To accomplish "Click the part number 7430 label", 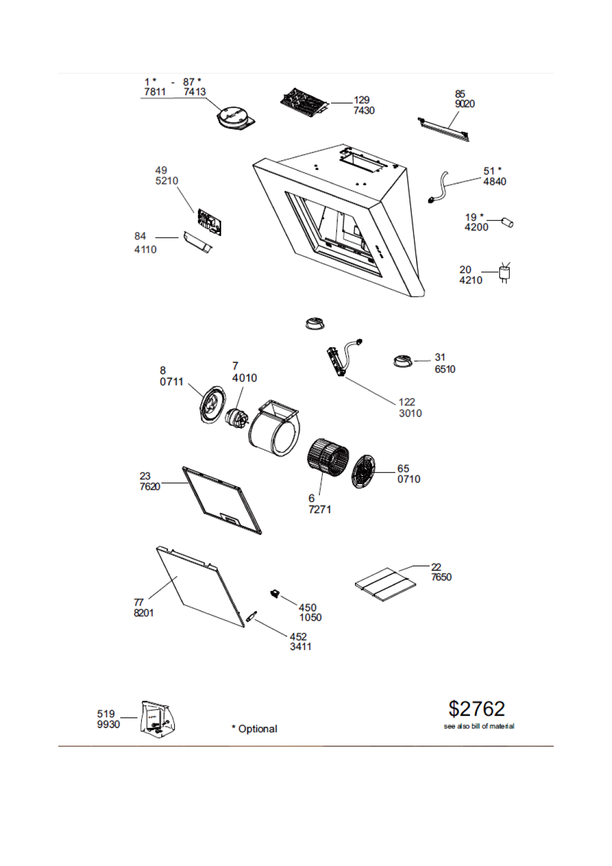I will click(x=364, y=111).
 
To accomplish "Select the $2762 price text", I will click(x=477, y=709).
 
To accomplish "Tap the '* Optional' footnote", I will click(x=254, y=729).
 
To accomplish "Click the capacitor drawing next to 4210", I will click(x=505, y=273).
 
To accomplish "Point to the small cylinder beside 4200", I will click(x=507, y=223).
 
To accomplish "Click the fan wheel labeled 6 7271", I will click(x=328, y=455).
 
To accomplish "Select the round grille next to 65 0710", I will click(x=363, y=472).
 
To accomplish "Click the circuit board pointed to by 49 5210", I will click(x=210, y=222).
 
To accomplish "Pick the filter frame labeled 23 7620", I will click(x=221, y=500).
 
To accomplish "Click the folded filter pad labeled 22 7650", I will click(x=385, y=584).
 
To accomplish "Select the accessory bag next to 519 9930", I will click(x=157, y=719).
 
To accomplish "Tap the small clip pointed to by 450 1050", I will click(x=274, y=593).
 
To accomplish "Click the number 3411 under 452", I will click(x=300, y=647).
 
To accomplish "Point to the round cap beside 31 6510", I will click(x=402, y=361).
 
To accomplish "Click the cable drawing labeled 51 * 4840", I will click(x=439, y=188).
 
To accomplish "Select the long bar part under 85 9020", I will click(x=443, y=129).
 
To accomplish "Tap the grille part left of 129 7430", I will click(x=304, y=102).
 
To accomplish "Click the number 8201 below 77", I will click(x=144, y=613).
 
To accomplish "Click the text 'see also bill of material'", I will click(x=479, y=726).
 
